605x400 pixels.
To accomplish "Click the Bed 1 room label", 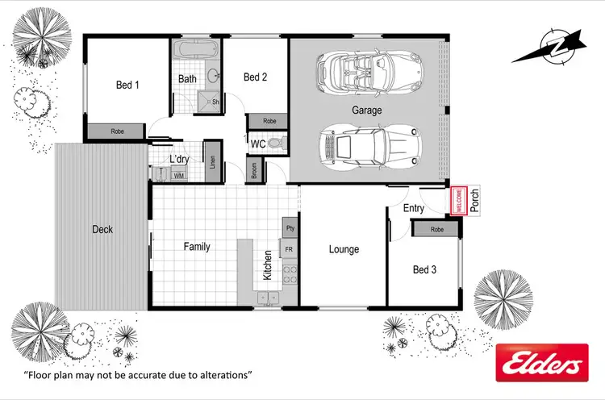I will point(127,84).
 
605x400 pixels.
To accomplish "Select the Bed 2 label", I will point(255,77).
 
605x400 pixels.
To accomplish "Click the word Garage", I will point(366,110).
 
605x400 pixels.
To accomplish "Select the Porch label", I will point(474,201).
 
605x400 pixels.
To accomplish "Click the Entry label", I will point(414,208).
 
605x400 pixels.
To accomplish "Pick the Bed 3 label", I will point(424,269).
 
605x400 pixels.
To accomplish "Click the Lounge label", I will point(344,249).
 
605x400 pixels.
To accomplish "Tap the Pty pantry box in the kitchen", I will point(290,229).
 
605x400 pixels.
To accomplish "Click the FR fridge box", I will point(290,251).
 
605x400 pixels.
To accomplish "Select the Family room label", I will point(197,247).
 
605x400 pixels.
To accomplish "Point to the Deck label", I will point(102,230).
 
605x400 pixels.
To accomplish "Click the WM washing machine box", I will point(178,174).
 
